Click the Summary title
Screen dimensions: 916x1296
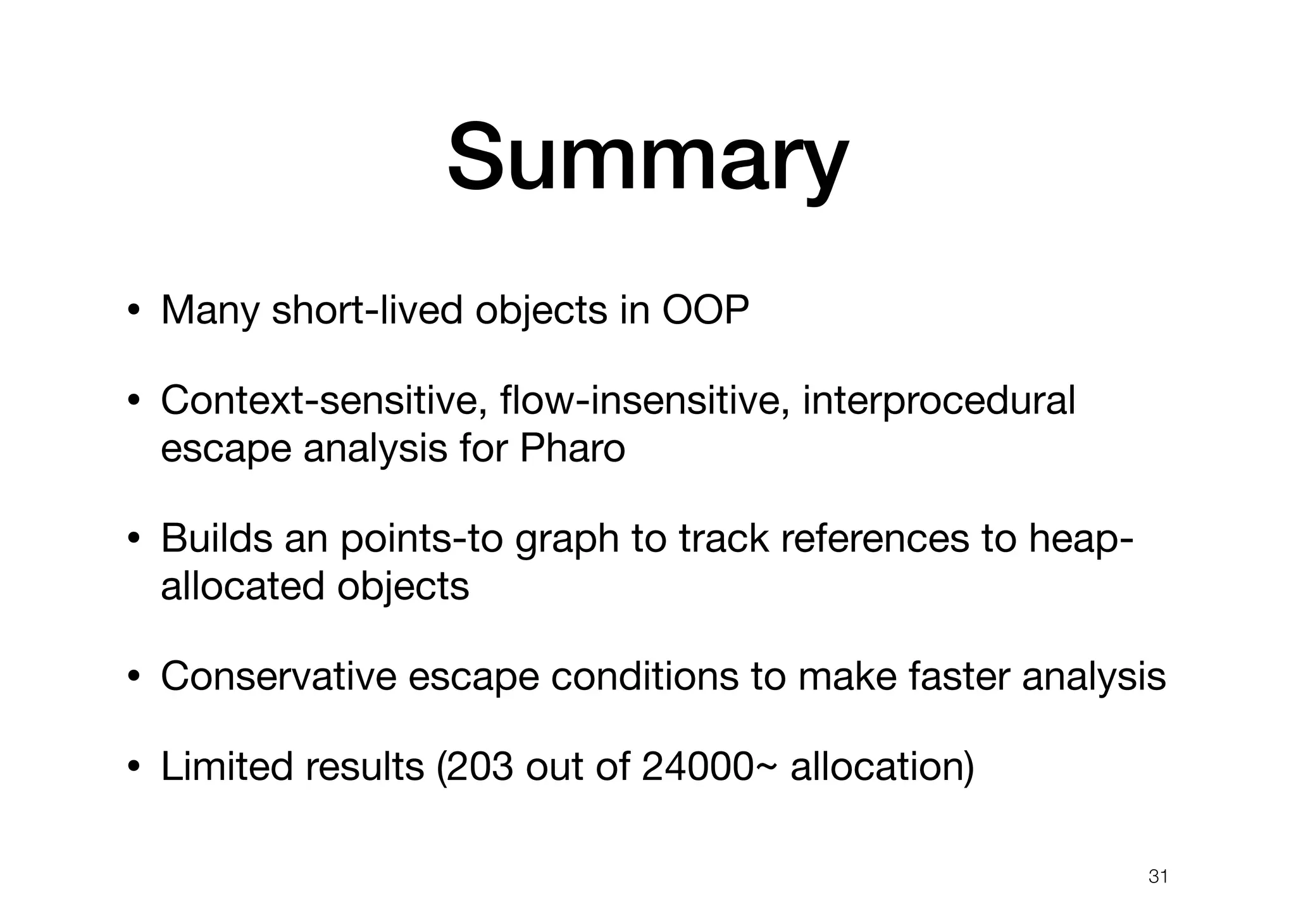coord(647,158)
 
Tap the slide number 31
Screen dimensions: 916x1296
coord(1157,877)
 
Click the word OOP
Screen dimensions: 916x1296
coord(705,311)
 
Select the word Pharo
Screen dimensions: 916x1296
coord(572,449)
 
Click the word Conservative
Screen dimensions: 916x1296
coord(278,676)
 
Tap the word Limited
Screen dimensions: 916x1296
coord(227,766)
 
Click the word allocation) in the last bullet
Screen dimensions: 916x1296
coord(882,766)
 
